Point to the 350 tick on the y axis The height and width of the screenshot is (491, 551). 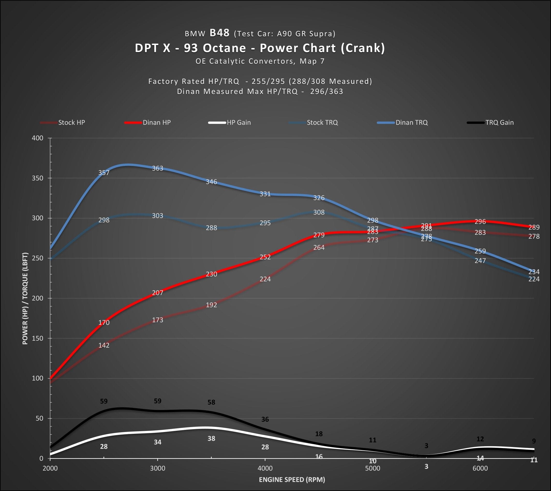(38, 178)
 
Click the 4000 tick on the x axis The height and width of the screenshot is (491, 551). (265, 468)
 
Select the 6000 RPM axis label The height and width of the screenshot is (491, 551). (480, 468)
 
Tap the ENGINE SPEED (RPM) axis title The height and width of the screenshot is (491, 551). (292, 479)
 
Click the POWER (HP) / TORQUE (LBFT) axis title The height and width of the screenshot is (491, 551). (25, 298)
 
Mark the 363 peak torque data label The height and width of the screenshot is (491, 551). (158, 168)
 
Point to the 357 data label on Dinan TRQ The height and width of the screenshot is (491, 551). (104, 173)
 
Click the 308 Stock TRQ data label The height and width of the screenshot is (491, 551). (319, 212)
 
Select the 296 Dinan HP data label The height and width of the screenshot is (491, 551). (480, 222)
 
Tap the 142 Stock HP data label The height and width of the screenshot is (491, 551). (104, 345)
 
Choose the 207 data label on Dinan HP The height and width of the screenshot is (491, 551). (158, 293)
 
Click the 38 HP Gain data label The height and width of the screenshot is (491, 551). (211, 438)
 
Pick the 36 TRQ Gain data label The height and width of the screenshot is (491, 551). (265, 419)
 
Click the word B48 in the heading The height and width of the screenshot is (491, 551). (219, 33)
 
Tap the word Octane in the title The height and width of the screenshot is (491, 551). (224, 48)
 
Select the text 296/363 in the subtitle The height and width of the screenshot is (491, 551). (326, 91)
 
